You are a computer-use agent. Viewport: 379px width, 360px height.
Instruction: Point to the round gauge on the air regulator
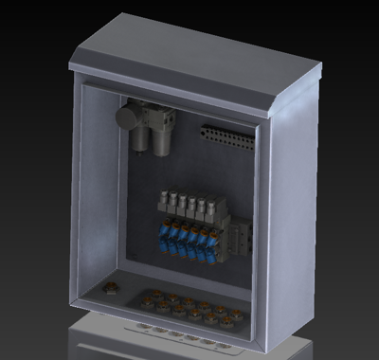pyautogui.click(x=127, y=117)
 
